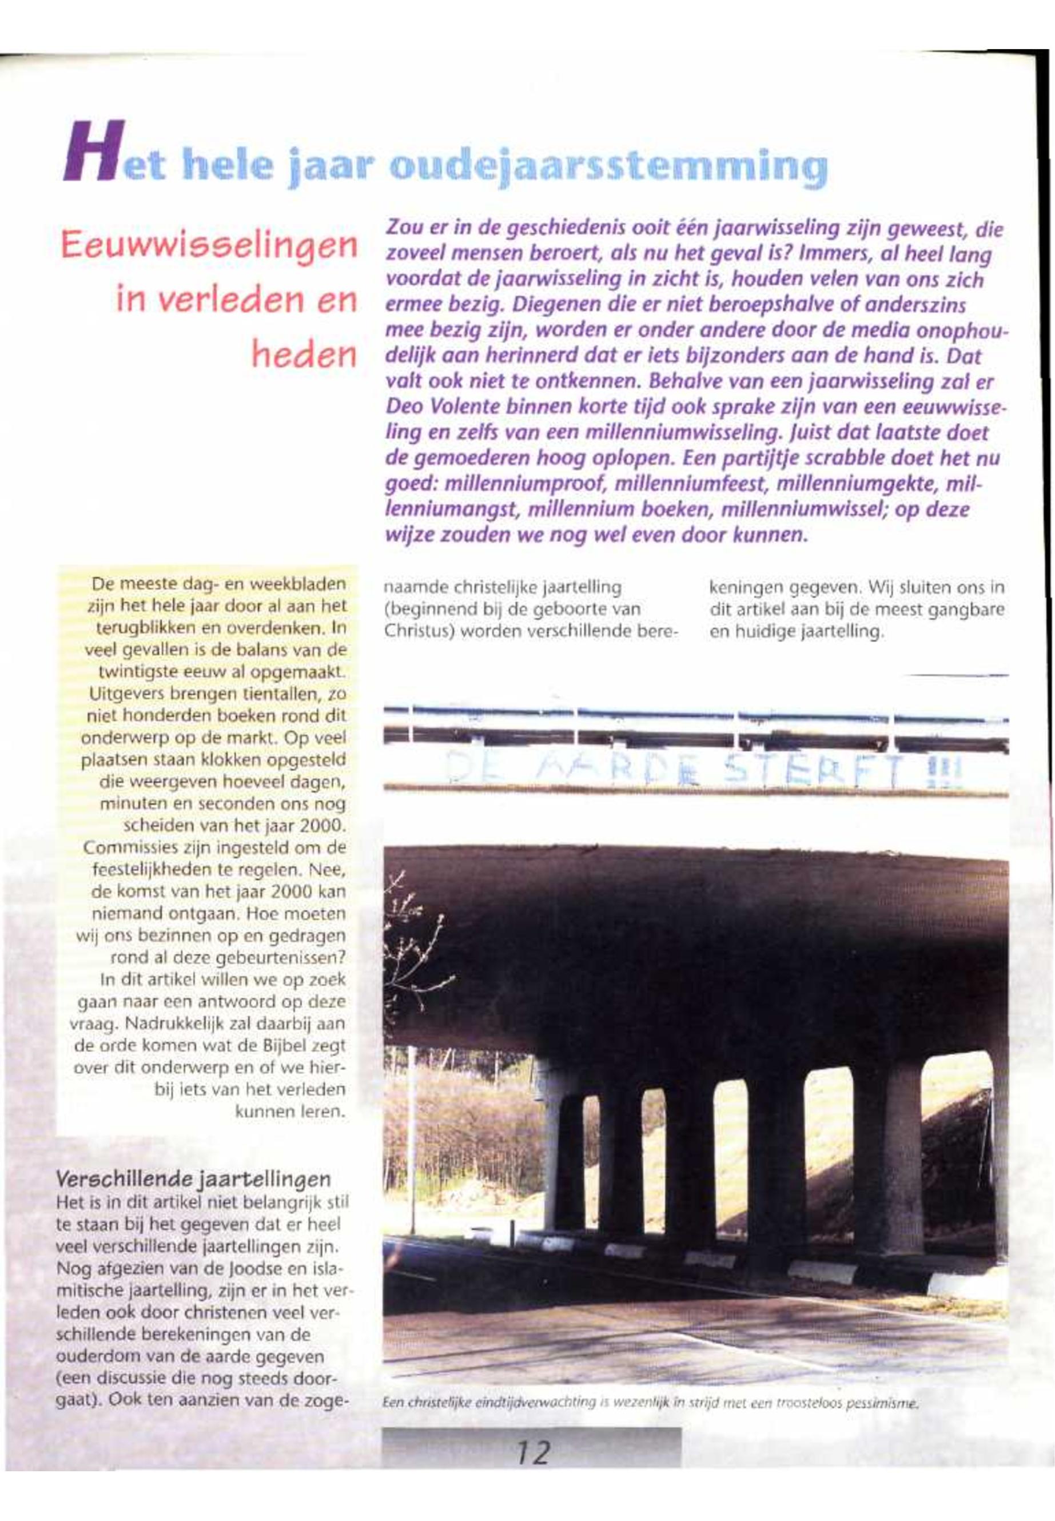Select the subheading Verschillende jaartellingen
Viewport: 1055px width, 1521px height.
193,1178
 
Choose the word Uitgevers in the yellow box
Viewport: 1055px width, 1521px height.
118,694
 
